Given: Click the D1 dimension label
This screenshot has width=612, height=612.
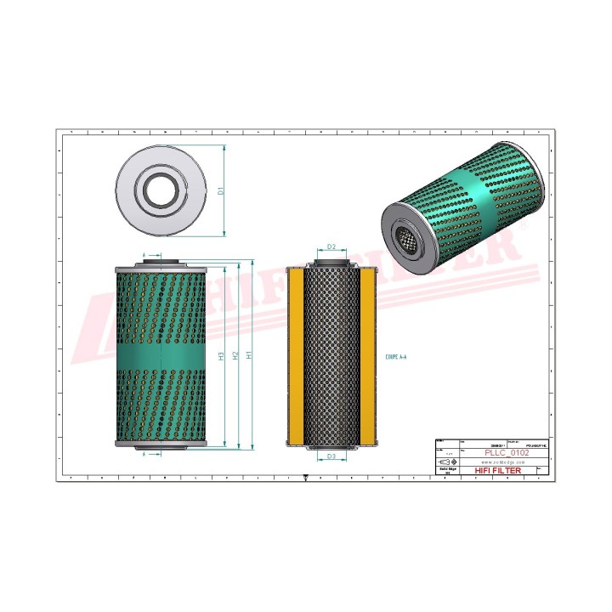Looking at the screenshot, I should click(x=220, y=190).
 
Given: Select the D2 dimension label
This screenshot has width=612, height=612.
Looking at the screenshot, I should click(x=331, y=247).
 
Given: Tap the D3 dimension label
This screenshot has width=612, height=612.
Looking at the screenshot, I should click(x=331, y=456).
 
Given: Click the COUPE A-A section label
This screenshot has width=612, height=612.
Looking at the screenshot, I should click(x=396, y=358).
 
